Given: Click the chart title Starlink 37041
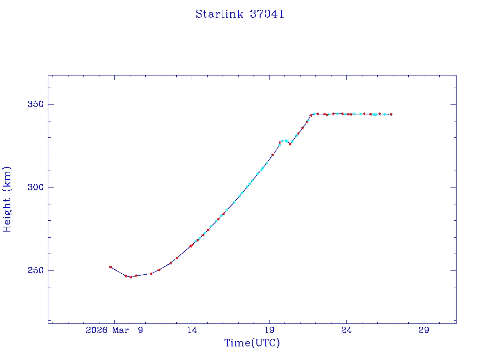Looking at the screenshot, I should point(240,14).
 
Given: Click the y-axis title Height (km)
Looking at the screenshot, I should point(7,199).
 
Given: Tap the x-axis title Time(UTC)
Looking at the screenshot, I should point(252,343).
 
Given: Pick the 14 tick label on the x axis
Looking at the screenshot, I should point(192,330).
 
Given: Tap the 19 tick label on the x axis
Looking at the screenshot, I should point(269,330).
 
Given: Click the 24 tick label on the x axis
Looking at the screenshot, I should point(346,330).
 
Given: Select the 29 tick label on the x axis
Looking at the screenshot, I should point(424,330).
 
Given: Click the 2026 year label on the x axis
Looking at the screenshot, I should point(97,330).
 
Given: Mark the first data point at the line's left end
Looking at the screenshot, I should point(111,267).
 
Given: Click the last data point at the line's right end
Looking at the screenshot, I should point(391,114).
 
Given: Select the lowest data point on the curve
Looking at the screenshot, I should point(131,277).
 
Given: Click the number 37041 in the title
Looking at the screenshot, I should point(267,14).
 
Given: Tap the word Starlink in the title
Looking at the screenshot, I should point(219,14).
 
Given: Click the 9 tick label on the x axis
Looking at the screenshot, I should point(140,330).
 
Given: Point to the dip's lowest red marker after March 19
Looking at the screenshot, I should point(290,144).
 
